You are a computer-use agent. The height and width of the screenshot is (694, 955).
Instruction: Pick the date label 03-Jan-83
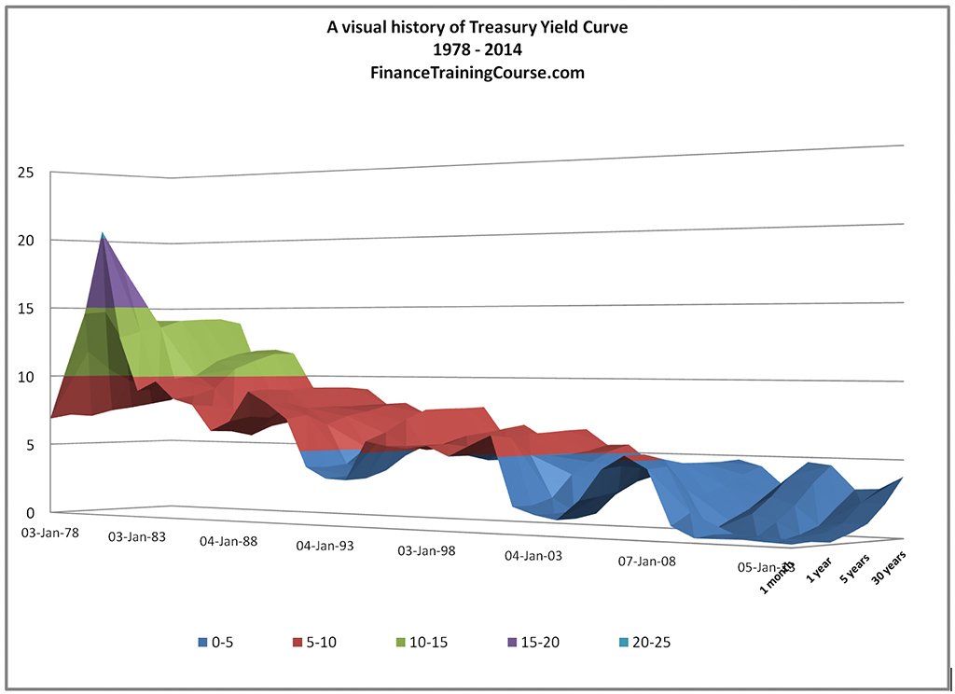tap(139, 537)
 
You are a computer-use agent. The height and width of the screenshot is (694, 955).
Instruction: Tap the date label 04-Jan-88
tap(229, 541)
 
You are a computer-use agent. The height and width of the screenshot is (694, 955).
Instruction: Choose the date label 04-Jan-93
tap(325, 546)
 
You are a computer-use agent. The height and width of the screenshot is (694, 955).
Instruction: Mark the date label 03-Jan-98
tap(426, 550)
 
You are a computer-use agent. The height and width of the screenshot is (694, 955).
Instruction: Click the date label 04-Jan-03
tap(533, 556)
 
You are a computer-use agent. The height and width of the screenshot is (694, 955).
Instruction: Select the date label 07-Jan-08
tap(646, 562)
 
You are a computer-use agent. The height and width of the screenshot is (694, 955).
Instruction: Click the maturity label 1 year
tap(818, 568)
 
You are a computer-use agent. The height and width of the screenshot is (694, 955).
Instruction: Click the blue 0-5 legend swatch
tap(202, 642)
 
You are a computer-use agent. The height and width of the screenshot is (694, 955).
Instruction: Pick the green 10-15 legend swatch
tap(400, 642)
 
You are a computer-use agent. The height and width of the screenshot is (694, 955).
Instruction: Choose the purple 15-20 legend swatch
tap(511, 642)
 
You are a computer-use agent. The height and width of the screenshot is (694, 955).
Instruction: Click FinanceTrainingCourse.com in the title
tap(477, 72)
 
